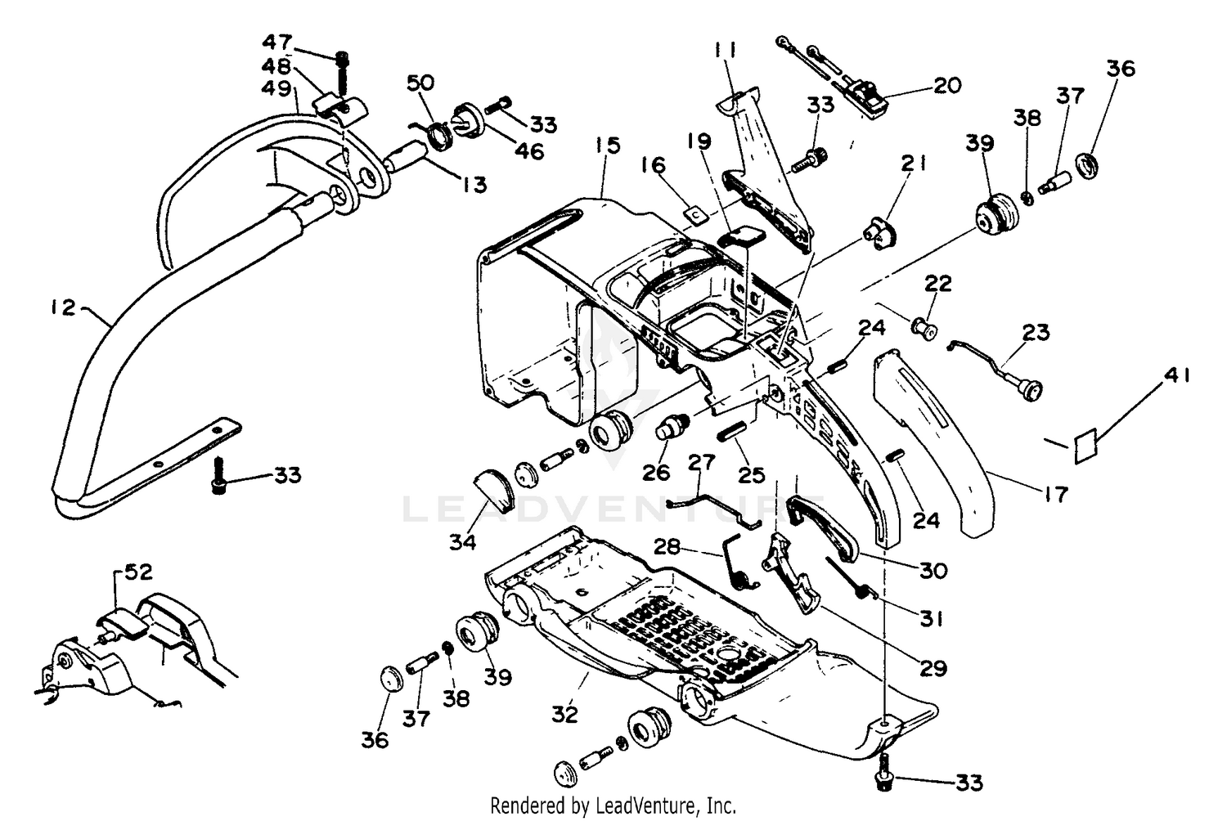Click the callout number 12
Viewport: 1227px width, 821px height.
click(x=61, y=307)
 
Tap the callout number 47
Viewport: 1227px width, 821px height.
click(x=276, y=42)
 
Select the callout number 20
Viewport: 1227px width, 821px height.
click(x=946, y=85)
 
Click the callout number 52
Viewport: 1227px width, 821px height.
click(x=137, y=572)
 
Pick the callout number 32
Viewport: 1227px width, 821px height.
click(x=564, y=714)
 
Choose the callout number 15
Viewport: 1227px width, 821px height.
click(x=608, y=146)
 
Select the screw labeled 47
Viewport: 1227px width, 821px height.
click(x=342, y=72)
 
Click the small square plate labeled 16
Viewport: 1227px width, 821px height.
click(x=694, y=214)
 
